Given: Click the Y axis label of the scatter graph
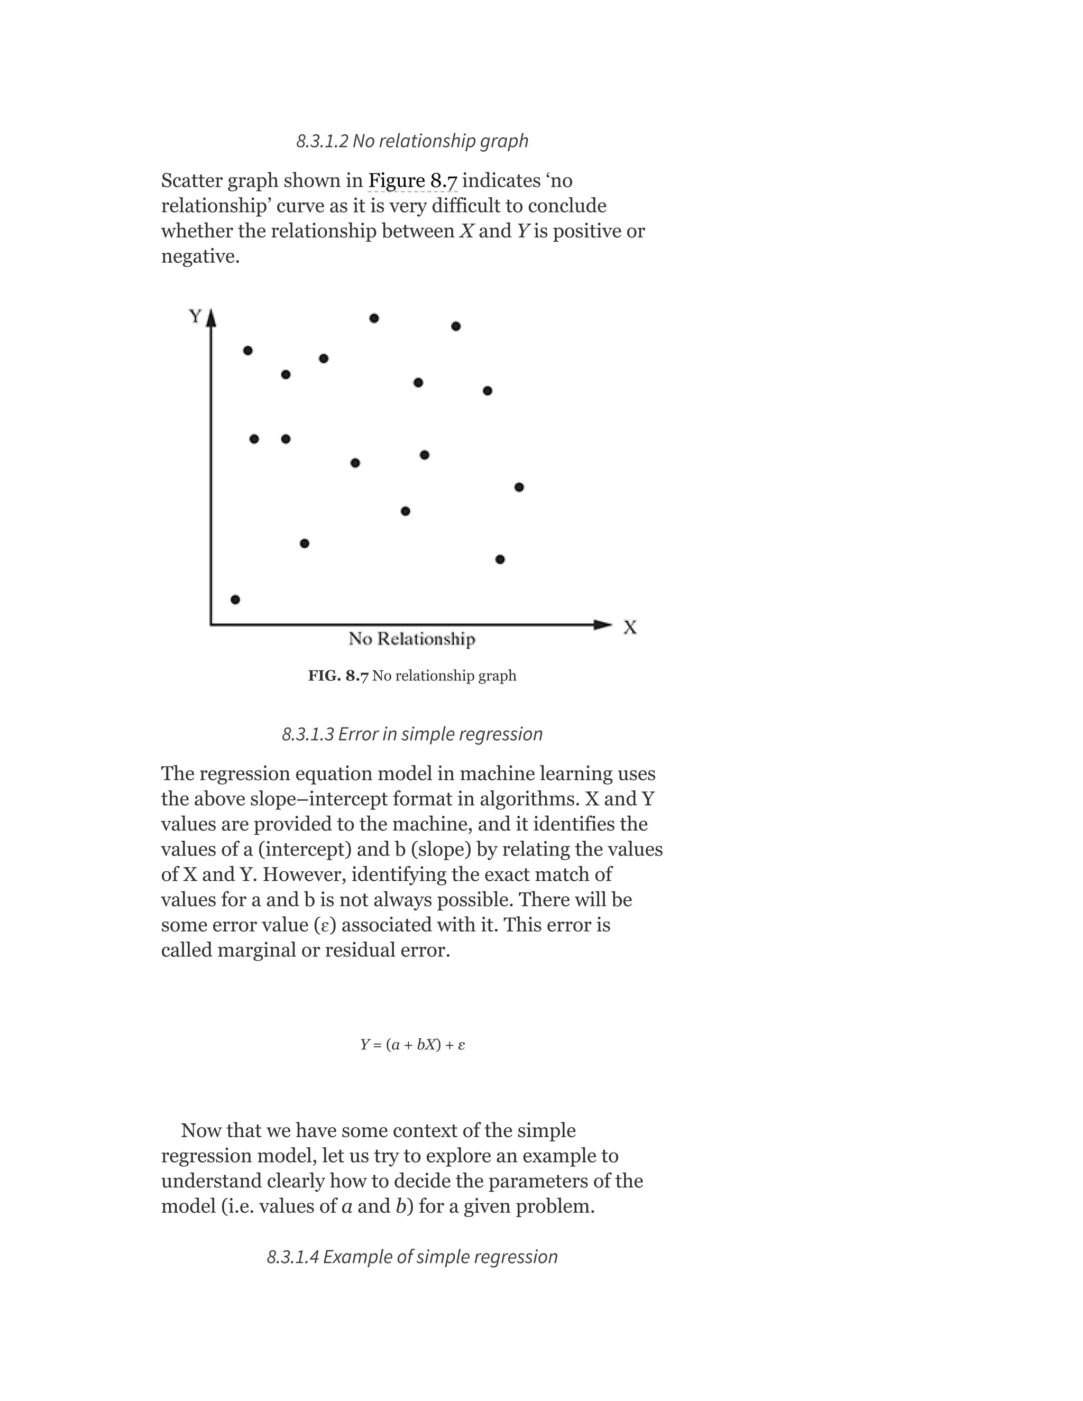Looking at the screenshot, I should pos(195,316).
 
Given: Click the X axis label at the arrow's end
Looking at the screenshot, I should pos(630,628).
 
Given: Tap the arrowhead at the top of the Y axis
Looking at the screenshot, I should pos(211,318).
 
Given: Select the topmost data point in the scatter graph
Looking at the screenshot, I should pos(374,318).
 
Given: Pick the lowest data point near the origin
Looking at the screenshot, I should pos(235,599).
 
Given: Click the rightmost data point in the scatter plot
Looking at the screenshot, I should pos(519,487).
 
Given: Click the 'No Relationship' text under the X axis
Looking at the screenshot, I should pos(412,639).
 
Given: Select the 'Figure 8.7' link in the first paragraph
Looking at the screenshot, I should pos(412,181).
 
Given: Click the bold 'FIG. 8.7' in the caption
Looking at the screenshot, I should pos(338,676).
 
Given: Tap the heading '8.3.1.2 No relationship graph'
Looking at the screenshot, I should pos(412,141).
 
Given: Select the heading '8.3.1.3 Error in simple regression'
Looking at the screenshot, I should pos(412,734).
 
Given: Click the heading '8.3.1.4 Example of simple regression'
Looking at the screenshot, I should pos(412,1257).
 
